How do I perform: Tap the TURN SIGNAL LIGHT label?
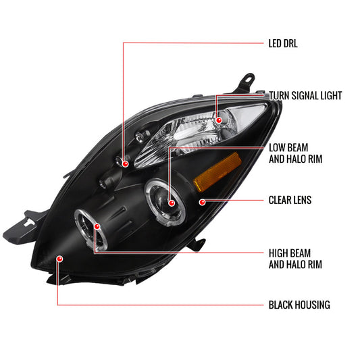point(305,96)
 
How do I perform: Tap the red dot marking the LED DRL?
point(124,163)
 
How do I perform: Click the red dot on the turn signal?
point(220,120)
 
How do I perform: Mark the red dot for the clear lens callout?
point(202,201)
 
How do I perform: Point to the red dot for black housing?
point(59,258)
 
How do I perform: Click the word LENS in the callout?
point(308,201)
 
